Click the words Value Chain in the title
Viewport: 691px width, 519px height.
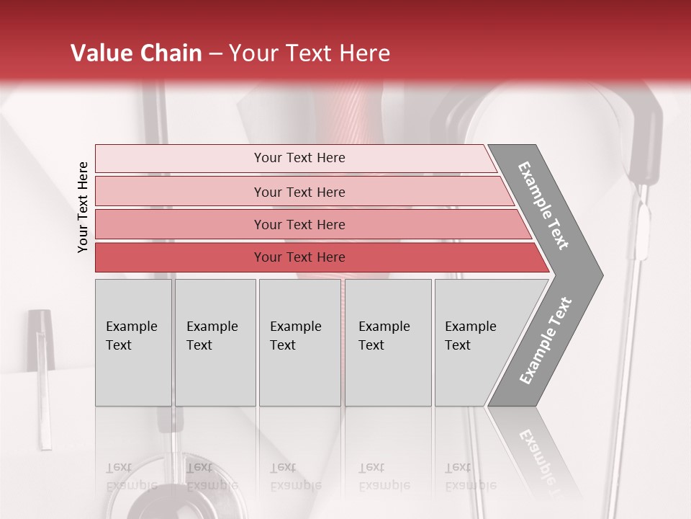click(x=136, y=53)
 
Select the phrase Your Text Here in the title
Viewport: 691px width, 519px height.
click(x=310, y=53)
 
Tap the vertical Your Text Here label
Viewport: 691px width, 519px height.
click(x=83, y=207)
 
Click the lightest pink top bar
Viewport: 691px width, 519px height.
click(x=299, y=158)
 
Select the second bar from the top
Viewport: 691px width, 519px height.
click(x=299, y=192)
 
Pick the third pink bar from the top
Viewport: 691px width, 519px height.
click(x=299, y=224)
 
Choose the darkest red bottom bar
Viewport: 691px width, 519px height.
click(x=299, y=257)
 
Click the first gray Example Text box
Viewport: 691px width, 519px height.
click(x=133, y=342)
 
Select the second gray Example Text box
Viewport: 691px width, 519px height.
click(x=215, y=342)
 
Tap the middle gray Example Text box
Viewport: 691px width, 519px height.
click(x=299, y=342)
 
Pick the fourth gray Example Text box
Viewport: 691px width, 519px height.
click(x=388, y=342)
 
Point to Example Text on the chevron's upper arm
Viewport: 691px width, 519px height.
click(x=544, y=205)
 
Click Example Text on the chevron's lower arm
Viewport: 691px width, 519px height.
click(x=546, y=341)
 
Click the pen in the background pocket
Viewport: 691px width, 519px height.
click(x=42, y=375)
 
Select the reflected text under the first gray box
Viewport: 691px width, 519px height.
click(x=132, y=476)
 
